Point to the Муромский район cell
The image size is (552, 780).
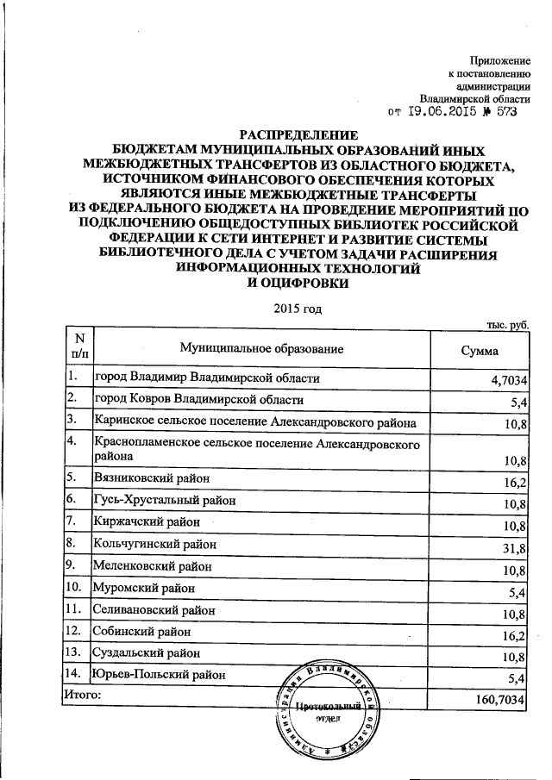(x=144, y=589)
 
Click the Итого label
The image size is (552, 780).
(x=84, y=693)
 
